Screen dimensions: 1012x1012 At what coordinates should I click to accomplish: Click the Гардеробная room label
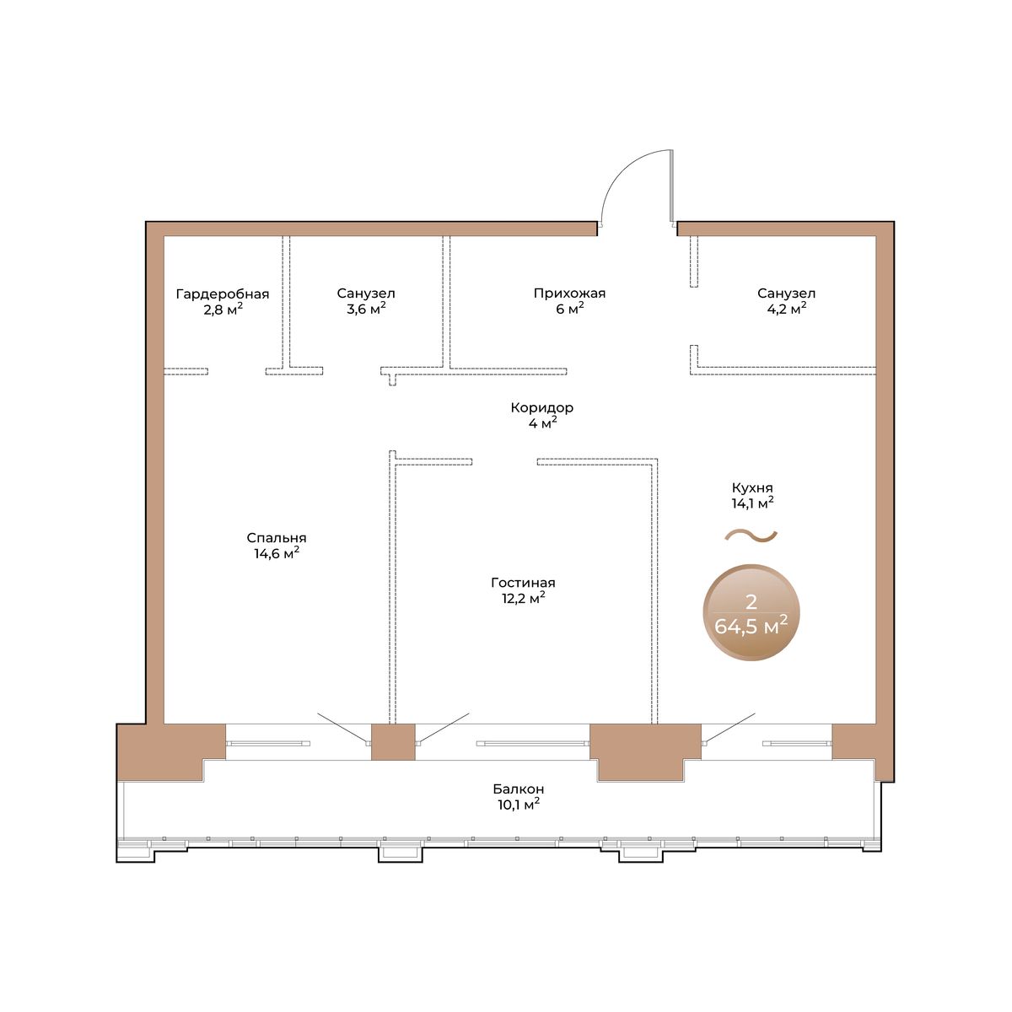pyautogui.click(x=222, y=293)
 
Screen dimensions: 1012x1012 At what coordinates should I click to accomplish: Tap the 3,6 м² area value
pyautogui.click(x=366, y=309)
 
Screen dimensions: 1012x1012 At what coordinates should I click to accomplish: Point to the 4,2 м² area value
pyautogui.click(x=787, y=309)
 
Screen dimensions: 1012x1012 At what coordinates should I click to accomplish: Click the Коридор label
pyautogui.click(x=542, y=407)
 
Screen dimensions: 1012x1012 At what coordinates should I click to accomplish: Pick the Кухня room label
pyautogui.click(x=752, y=488)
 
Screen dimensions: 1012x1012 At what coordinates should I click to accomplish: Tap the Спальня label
pyautogui.click(x=277, y=538)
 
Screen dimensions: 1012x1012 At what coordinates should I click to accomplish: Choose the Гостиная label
pyautogui.click(x=523, y=583)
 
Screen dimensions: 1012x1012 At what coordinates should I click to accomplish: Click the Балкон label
pyautogui.click(x=519, y=789)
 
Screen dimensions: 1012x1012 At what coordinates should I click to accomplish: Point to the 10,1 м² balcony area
pyautogui.click(x=519, y=805)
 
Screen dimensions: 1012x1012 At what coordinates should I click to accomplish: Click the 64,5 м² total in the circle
pyautogui.click(x=751, y=626)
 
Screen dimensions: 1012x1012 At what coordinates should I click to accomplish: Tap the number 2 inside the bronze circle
pyautogui.click(x=751, y=602)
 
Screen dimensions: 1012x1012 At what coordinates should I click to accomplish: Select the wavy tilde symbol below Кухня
pyautogui.click(x=751, y=536)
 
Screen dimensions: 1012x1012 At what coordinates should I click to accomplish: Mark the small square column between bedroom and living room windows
pyautogui.click(x=393, y=741)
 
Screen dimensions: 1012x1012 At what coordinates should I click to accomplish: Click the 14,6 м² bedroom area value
pyautogui.click(x=277, y=553)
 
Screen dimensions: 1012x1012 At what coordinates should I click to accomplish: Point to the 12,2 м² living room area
pyautogui.click(x=523, y=598)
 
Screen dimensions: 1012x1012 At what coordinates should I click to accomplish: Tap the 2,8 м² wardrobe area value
pyautogui.click(x=223, y=309)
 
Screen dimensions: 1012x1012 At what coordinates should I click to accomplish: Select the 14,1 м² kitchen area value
pyautogui.click(x=752, y=503)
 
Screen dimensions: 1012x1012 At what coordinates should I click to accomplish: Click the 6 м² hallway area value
pyautogui.click(x=570, y=309)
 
